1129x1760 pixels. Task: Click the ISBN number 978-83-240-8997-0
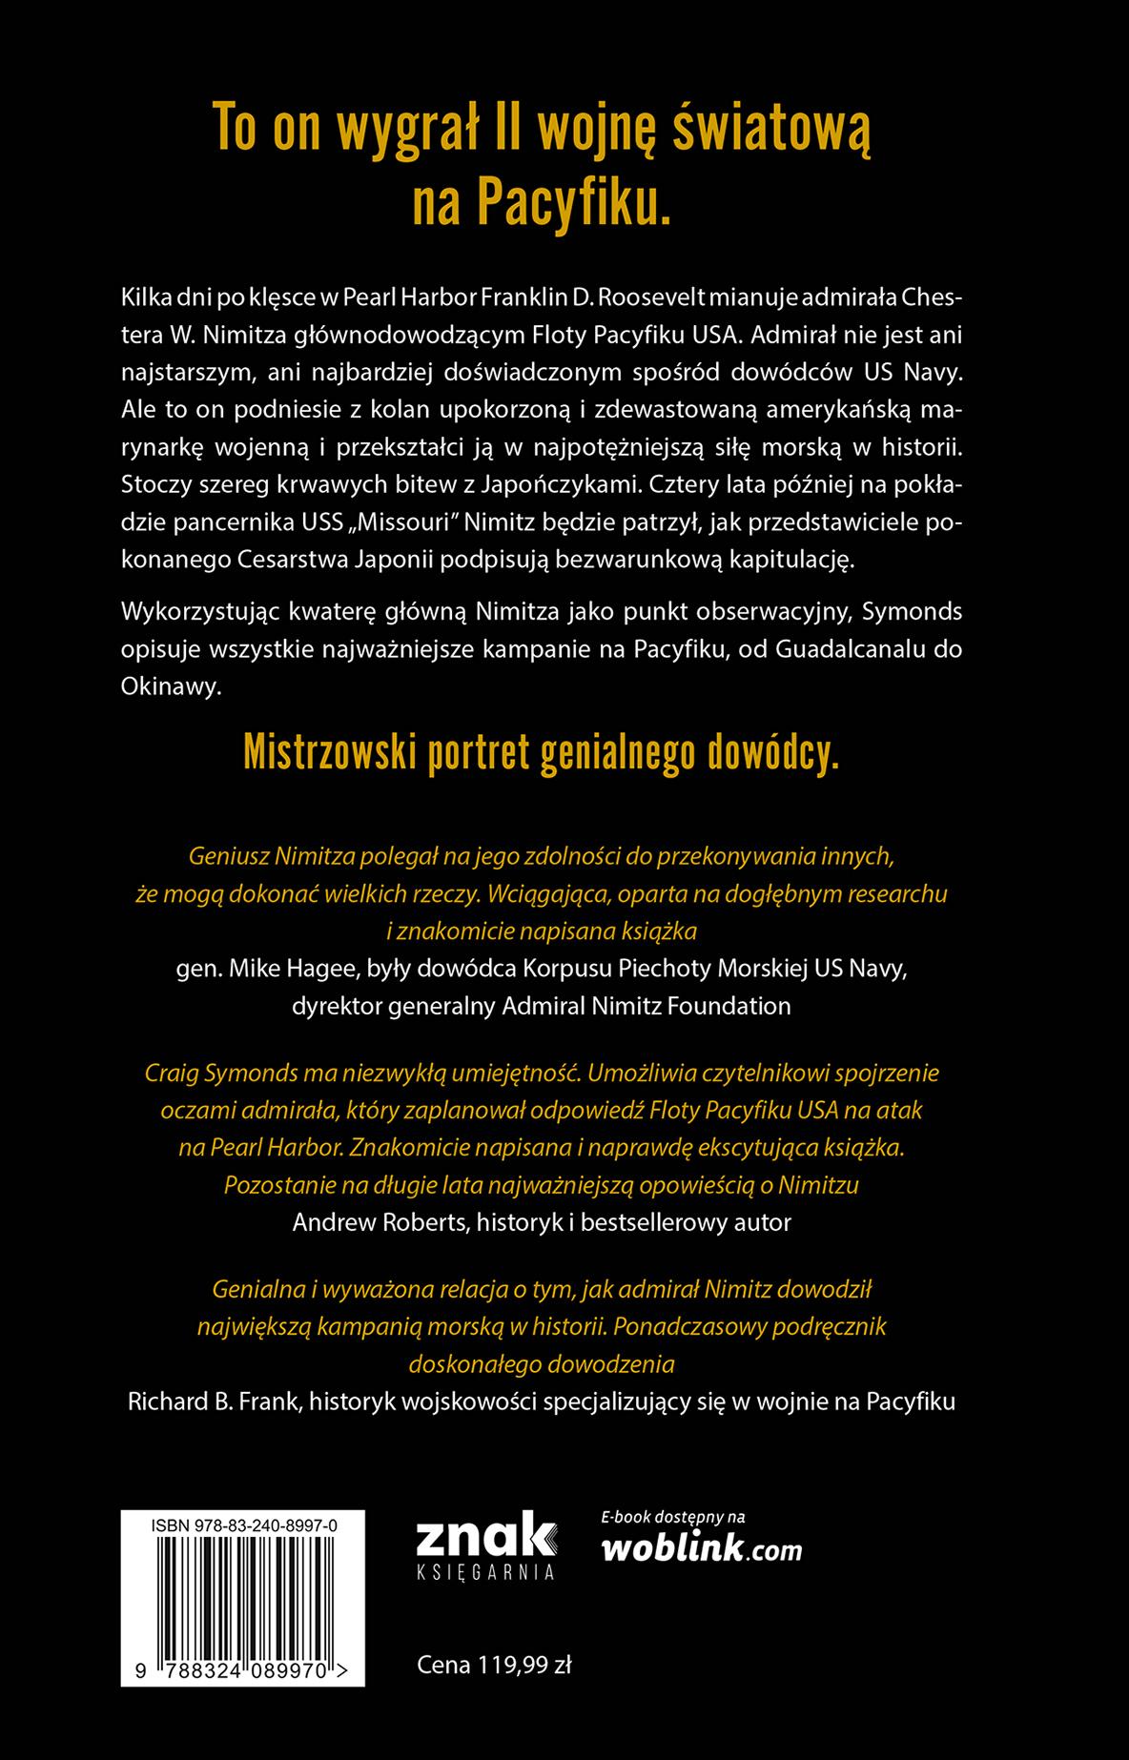click(243, 1526)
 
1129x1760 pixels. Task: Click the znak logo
click(485, 1536)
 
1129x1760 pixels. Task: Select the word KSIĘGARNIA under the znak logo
click(485, 1572)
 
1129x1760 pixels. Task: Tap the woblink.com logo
click(702, 1549)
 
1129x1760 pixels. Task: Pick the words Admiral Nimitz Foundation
click(647, 1006)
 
